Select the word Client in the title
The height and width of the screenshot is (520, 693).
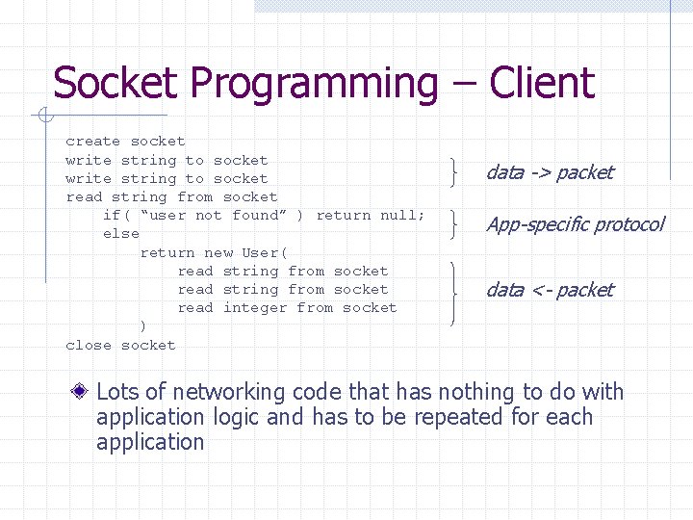[541, 84]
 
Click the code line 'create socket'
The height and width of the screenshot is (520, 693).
[125, 142]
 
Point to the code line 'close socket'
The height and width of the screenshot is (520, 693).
[120, 345]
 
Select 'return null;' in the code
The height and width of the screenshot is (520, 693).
[371, 216]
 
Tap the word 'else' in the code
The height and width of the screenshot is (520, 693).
[121, 234]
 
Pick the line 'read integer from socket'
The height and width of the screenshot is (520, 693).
[287, 308]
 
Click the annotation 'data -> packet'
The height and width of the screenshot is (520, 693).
[549, 173]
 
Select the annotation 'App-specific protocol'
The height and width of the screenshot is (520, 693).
[575, 225]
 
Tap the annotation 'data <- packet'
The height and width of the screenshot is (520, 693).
[549, 290]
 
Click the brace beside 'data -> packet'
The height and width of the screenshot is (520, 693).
[453, 169]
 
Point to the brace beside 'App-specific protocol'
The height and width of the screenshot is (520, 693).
[453, 224]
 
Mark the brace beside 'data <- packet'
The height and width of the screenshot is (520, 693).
[453, 290]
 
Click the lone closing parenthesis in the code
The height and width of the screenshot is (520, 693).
[143, 326]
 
